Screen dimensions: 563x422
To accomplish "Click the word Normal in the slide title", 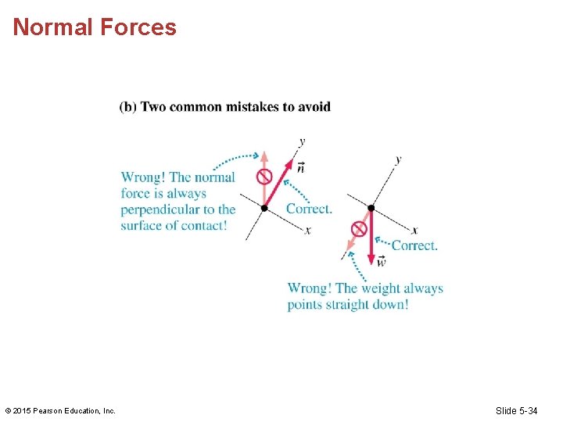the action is click(53, 27).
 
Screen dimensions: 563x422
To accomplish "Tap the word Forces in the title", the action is click(138, 27).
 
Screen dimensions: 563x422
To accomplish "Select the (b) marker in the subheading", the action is click(128, 107).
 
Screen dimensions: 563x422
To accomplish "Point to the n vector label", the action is click(301, 167).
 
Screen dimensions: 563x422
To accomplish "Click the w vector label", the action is click(381, 261).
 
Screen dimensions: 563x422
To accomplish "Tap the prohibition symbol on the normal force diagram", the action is click(264, 176).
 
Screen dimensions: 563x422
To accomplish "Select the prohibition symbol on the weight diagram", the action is click(359, 229).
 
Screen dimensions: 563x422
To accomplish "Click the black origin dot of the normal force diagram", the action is click(264, 208).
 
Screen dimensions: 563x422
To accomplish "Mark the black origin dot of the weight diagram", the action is click(371, 209).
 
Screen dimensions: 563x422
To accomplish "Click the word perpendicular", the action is click(160, 209).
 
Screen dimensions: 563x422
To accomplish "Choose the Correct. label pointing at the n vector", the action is click(309, 209).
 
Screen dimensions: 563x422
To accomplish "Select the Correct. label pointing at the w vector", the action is click(414, 245).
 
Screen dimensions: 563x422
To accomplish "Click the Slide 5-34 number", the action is click(516, 410).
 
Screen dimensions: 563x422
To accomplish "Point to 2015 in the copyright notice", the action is click(23, 410).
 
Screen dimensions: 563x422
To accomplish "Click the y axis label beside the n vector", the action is click(302, 141).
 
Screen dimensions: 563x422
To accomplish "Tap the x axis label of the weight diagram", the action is click(414, 231).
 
